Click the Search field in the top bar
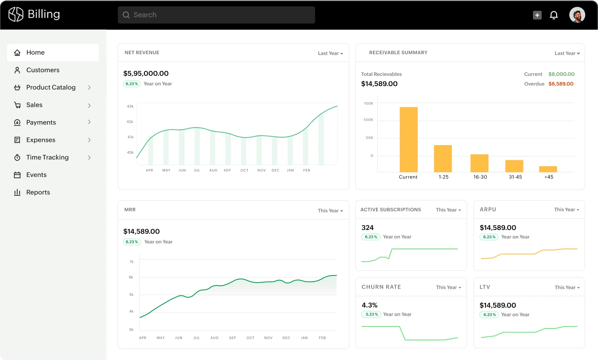(x=216, y=15)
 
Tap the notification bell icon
(x=554, y=15)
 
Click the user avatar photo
(x=577, y=15)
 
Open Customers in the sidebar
(x=43, y=70)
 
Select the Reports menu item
(x=38, y=192)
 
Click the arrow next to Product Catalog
(x=89, y=88)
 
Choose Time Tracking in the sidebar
(x=47, y=157)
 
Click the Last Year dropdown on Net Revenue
(x=330, y=53)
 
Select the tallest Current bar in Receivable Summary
(x=409, y=140)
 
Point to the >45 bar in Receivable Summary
(x=548, y=169)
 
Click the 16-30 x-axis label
(x=480, y=177)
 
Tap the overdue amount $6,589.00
(x=561, y=84)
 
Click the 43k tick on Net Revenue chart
(x=130, y=106)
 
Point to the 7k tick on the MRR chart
(x=131, y=262)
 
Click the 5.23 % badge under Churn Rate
(x=371, y=314)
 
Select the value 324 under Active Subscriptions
(x=367, y=228)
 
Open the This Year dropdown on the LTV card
(x=567, y=287)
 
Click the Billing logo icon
(x=16, y=14)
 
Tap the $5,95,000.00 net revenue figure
(x=146, y=73)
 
